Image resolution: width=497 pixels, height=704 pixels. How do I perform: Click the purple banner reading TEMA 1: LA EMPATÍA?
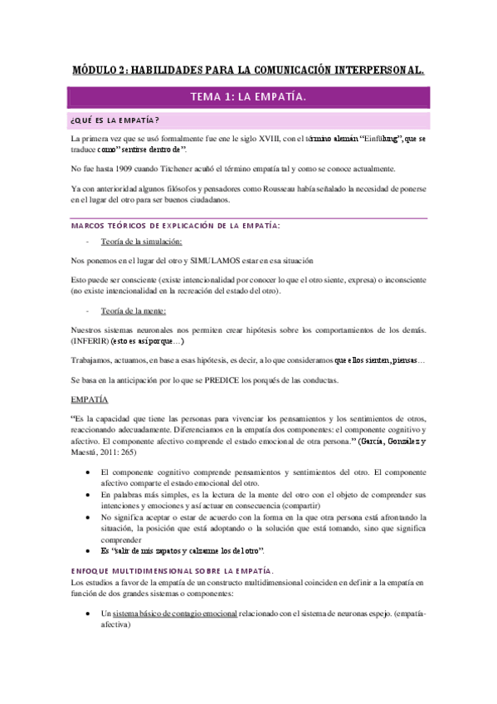(x=248, y=98)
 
